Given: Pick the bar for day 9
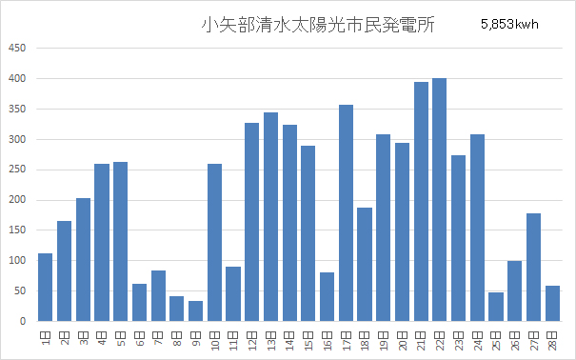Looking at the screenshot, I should (x=195, y=311).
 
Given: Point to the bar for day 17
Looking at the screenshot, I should (x=346, y=213).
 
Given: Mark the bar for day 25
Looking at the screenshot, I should (x=495, y=307).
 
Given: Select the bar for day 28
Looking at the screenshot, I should (x=552, y=304).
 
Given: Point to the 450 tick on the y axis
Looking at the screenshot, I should (x=18, y=48).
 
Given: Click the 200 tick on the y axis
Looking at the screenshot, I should (x=18, y=200).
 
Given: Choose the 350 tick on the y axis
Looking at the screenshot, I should (x=18, y=109).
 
